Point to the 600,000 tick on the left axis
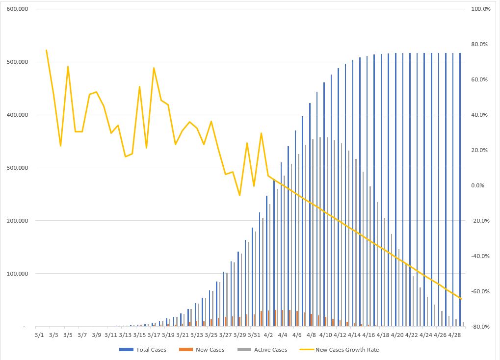(x=17, y=9)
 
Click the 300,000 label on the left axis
(x=17, y=168)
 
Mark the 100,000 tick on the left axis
(x=17, y=274)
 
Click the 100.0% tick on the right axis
(x=480, y=9)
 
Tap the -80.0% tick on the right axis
(x=480, y=327)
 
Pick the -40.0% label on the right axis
(x=480, y=256)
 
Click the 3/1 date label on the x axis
(x=39, y=335)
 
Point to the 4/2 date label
(x=268, y=335)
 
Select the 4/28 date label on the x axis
(x=454, y=335)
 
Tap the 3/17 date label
(x=154, y=335)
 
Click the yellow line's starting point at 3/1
(x=46, y=50)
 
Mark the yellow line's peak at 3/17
(x=154, y=68)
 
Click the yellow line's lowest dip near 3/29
(x=239, y=196)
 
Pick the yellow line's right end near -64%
(x=461, y=298)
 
